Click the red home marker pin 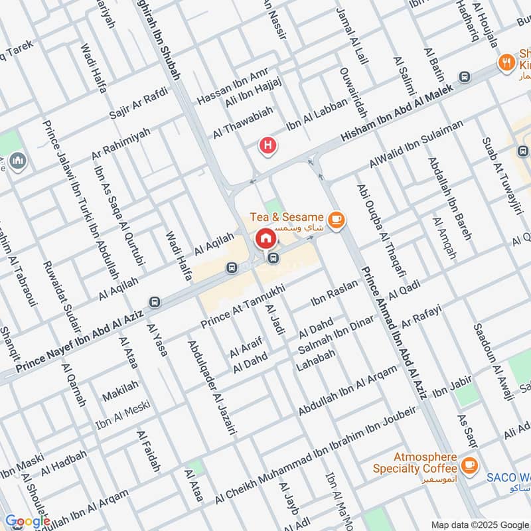click(265, 238)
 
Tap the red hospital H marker click(267, 145)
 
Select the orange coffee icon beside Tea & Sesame click(337, 218)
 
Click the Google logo click(27, 521)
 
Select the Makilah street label click(120, 391)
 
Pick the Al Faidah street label click(149, 451)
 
